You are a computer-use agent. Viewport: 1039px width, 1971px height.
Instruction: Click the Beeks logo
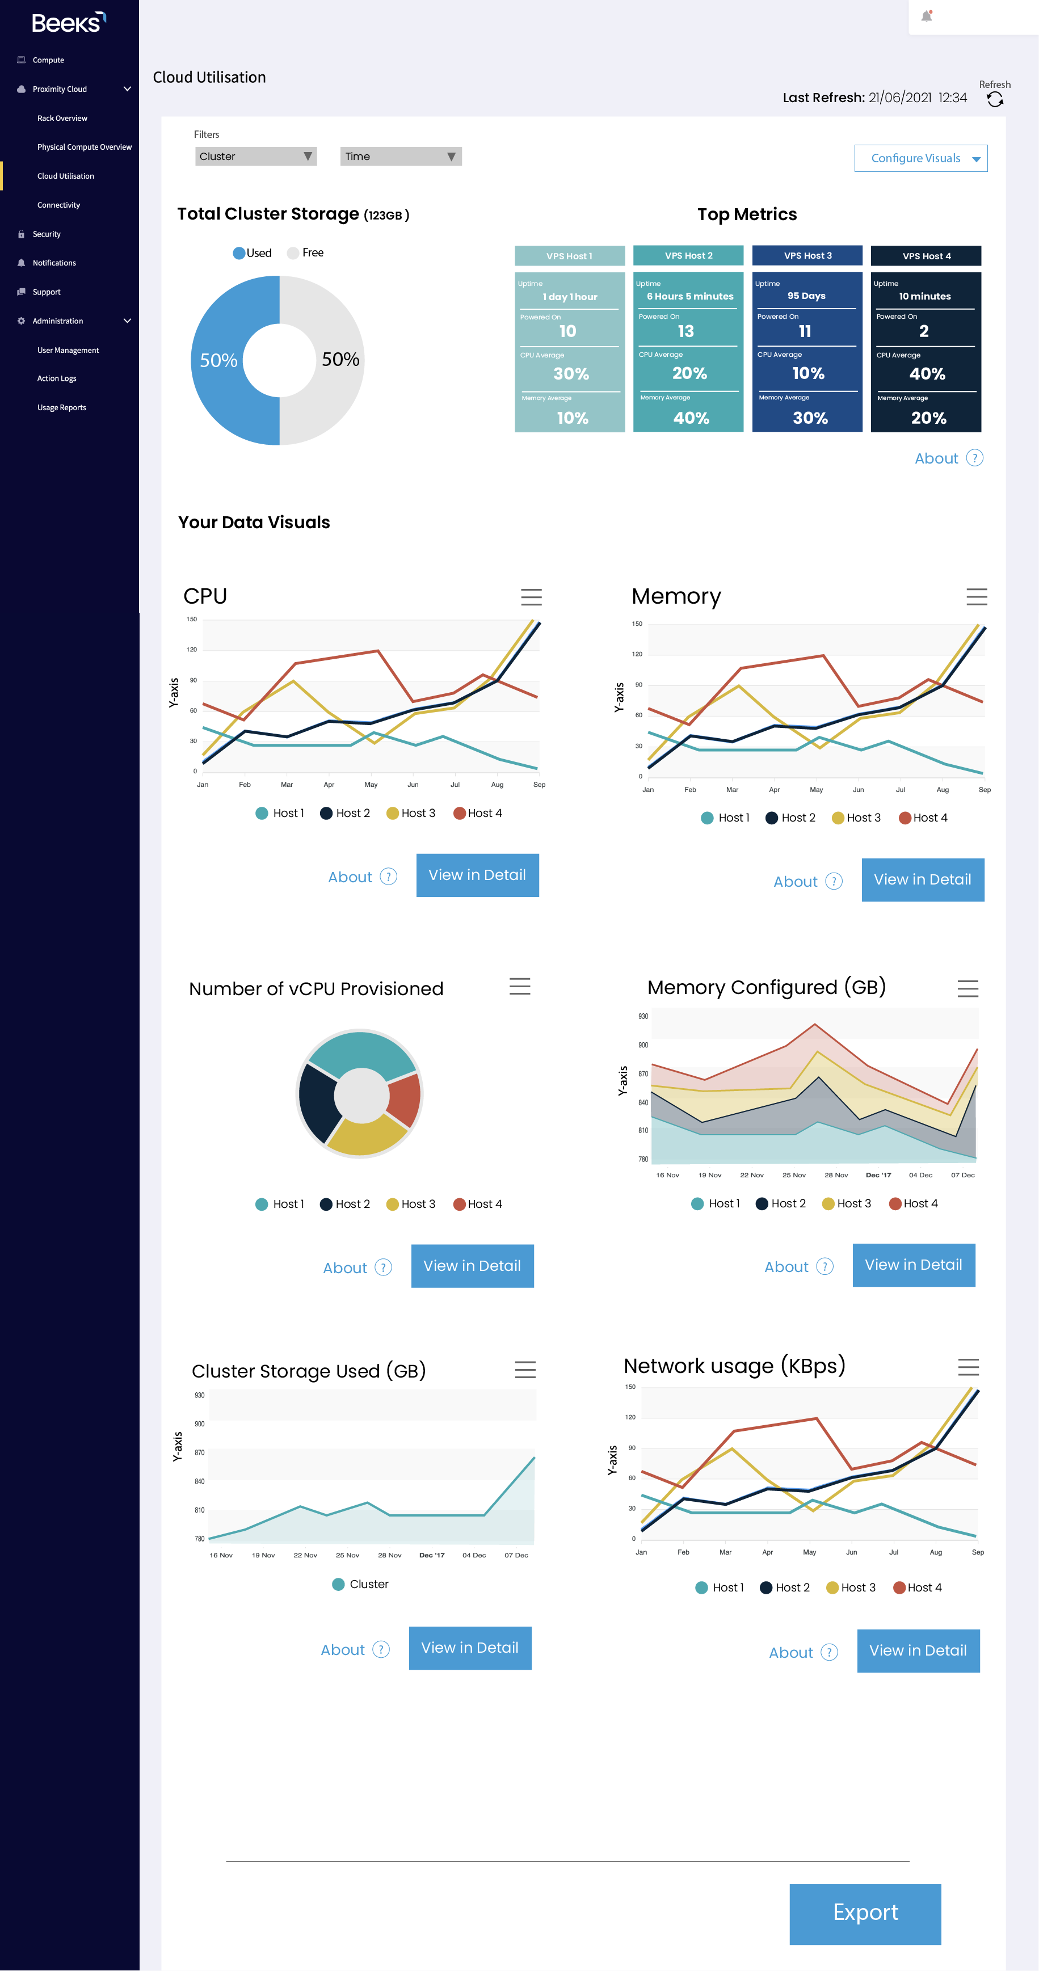[x=68, y=23]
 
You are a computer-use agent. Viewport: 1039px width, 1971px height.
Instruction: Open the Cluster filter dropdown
[x=255, y=156]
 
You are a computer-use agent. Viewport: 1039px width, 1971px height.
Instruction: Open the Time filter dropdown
[x=400, y=156]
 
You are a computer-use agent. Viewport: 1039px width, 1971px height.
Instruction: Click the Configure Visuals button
[x=920, y=158]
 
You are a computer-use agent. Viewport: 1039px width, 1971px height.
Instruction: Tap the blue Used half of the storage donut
[x=218, y=360]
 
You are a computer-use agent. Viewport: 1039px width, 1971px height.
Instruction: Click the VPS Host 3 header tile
[x=806, y=255]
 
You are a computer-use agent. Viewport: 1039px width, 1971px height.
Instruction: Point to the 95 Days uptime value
[x=806, y=296]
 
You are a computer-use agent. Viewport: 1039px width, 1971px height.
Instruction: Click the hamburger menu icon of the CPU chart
[x=531, y=597]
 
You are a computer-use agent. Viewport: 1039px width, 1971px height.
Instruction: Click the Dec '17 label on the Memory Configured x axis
[x=878, y=1175]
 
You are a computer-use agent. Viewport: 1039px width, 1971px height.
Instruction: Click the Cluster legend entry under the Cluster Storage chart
[x=360, y=1584]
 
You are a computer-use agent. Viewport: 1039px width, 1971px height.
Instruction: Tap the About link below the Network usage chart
[x=790, y=1653]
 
